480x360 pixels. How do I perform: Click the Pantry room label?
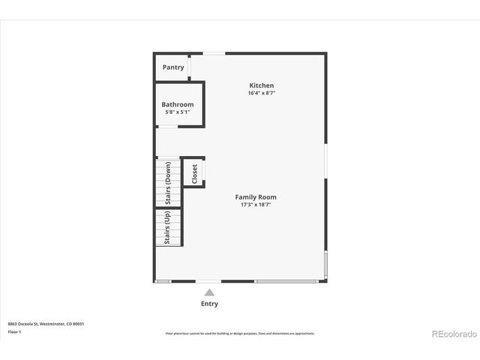point(173,67)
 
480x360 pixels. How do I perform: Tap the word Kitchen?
point(261,85)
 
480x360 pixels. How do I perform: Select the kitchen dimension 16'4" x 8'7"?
point(261,93)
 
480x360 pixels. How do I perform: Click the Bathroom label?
point(178,104)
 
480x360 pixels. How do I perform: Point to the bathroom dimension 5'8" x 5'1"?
point(178,112)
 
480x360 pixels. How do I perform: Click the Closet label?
point(195,173)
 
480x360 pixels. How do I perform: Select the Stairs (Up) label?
point(168,226)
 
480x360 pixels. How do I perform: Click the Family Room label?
point(256,197)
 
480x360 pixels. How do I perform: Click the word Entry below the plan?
point(209,304)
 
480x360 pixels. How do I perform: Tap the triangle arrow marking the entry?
point(209,292)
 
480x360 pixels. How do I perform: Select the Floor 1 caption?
point(15,331)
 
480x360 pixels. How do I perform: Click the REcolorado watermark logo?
point(453,334)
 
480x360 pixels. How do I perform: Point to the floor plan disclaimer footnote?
point(240,333)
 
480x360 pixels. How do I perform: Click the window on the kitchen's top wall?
point(214,52)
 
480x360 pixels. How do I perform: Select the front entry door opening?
point(208,281)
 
